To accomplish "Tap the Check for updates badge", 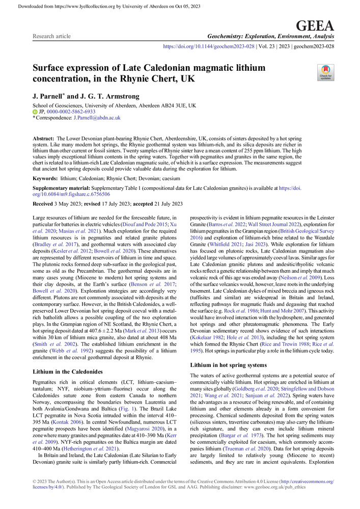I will pyautogui.click(x=326, y=73).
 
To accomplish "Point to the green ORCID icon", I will pyautogui.click(x=35, y=111).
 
